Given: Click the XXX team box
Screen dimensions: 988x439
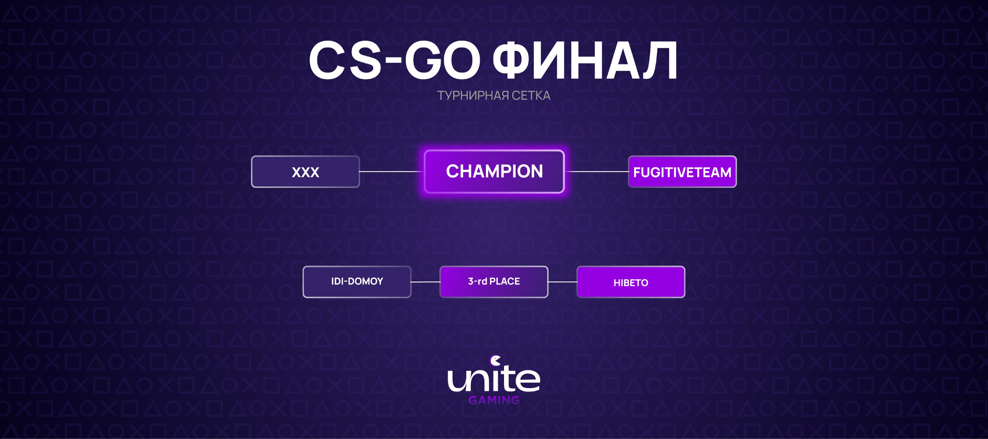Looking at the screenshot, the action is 305,172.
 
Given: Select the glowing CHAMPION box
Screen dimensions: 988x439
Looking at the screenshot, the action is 494,171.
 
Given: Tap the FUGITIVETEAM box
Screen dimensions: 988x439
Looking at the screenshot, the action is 682,172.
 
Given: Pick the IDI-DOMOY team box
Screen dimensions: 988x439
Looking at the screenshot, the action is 357,282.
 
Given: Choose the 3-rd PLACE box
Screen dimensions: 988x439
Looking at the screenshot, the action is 494,282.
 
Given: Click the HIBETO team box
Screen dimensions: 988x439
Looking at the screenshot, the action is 631,282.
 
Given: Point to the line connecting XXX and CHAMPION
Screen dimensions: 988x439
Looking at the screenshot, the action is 392,172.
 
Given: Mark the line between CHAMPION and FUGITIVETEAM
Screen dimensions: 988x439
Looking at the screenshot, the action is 597,172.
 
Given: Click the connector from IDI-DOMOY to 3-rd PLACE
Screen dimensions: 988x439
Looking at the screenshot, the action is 426,282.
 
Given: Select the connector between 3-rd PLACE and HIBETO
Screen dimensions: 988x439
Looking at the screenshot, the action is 563,282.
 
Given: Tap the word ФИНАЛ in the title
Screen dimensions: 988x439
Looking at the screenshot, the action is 585,60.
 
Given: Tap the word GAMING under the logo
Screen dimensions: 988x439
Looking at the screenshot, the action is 494,400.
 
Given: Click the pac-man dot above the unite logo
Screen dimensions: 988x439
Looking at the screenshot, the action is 495,361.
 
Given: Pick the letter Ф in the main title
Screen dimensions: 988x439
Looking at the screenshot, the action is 516,60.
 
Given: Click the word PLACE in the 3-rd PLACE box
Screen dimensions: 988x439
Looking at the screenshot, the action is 504,282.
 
